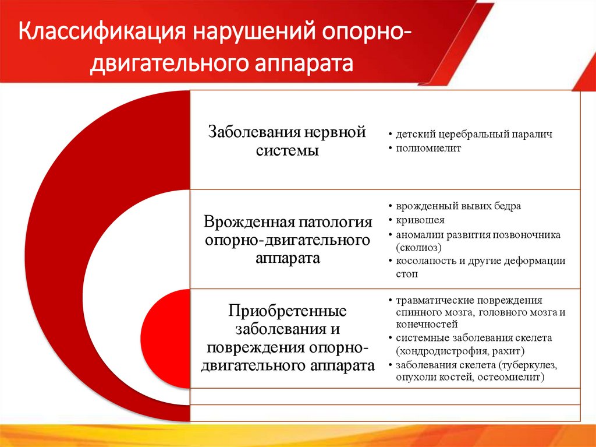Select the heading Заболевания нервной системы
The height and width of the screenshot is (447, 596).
click(x=287, y=141)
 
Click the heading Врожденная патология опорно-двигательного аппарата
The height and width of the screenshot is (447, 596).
click(x=287, y=240)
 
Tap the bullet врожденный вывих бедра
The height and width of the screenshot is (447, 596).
click(x=458, y=206)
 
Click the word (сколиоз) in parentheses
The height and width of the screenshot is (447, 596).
click(x=417, y=247)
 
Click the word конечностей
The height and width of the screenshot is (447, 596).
click(x=427, y=324)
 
